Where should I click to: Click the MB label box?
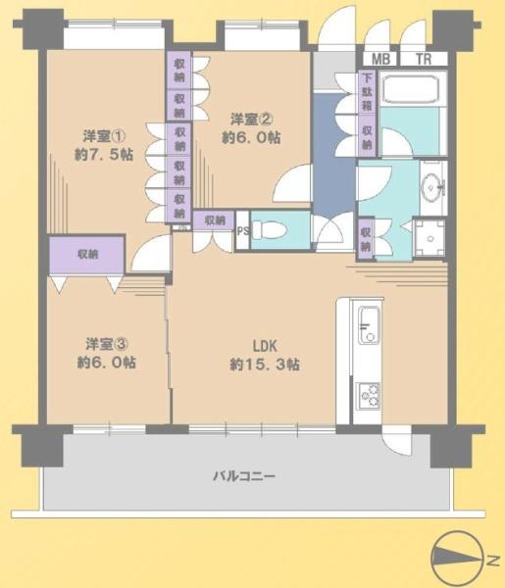pyautogui.click(x=379, y=59)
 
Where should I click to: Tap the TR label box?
pyautogui.click(x=424, y=59)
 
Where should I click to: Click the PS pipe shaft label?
pyautogui.click(x=243, y=230)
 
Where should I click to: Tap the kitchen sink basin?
pyautogui.click(x=369, y=324)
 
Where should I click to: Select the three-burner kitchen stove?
pyautogui.click(x=369, y=396)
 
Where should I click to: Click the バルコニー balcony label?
pyautogui.click(x=244, y=476)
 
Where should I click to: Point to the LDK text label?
pyautogui.click(x=265, y=346)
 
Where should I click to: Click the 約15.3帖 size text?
pyautogui.click(x=265, y=365)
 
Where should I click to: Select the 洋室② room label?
pyautogui.click(x=251, y=120)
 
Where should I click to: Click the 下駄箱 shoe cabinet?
pyautogui.click(x=367, y=92)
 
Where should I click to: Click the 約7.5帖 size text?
pyautogui.click(x=104, y=154)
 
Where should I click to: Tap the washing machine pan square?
pyautogui.click(x=429, y=238)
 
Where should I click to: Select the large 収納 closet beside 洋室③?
pyautogui.click(x=87, y=255)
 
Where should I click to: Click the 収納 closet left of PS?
pyautogui.click(x=214, y=220)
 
